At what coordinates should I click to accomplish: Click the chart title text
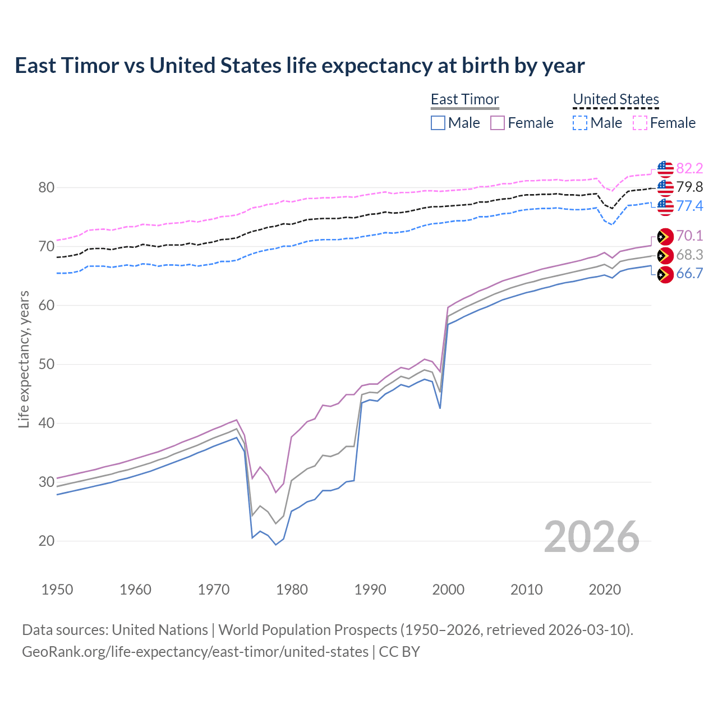(x=300, y=66)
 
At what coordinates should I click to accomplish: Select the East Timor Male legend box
(x=438, y=123)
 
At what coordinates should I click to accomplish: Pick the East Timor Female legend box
(x=498, y=123)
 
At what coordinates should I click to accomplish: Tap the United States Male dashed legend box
(x=580, y=123)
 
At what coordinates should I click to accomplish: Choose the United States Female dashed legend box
(x=640, y=123)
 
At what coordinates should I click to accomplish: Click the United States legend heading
(x=616, y=99)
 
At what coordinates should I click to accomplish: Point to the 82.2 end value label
(x=689, y=168)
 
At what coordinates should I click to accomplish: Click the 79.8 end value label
(x=689, y=187)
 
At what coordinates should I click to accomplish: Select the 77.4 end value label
(x=689, y=206)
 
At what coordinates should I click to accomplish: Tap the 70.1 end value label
(x=689, y=236)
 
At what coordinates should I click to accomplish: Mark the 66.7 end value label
(x=689, y=273)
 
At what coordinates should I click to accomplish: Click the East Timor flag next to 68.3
(x=665, y=256)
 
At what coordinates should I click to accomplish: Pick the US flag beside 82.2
(x=665, y=168)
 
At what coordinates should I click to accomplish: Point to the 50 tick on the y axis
(x=47, y=364)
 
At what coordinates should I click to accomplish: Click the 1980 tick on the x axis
(x=292, y=590)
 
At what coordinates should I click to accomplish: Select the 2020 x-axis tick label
(x=605, y=590)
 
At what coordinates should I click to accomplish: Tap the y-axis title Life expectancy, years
(x=24, y=359)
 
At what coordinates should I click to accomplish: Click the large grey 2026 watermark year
(x=592, y=537)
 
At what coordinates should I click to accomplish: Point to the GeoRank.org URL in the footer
(x=195, y=652)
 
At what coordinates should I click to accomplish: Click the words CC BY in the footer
(x=399, y=652)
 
